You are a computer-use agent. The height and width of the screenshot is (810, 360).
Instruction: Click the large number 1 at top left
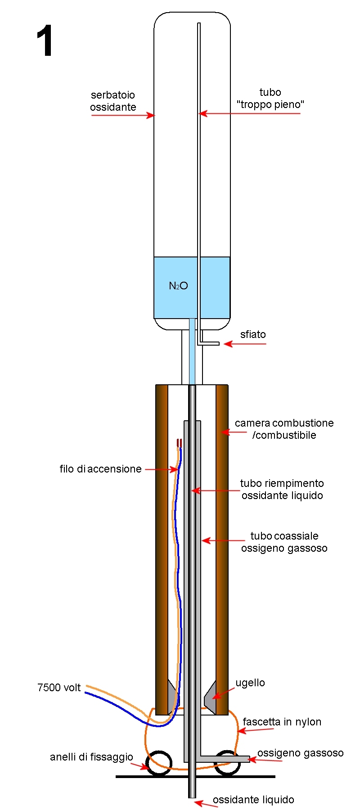[x=45, y=41]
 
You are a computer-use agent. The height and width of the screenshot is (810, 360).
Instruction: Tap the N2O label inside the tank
[x=178, y=286]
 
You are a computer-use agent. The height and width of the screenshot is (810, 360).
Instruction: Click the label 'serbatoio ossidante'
[x=113, y=101]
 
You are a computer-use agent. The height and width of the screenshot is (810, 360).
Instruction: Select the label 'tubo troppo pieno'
[x=270, y=99]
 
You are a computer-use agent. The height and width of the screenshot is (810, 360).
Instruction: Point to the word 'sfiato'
[x=253, y=334]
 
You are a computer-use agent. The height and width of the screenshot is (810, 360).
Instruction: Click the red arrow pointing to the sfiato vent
[x=245, y=344]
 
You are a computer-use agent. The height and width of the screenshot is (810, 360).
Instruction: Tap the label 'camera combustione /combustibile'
[x=284, y=429]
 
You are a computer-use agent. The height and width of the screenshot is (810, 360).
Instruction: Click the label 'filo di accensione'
[x=100, y=469]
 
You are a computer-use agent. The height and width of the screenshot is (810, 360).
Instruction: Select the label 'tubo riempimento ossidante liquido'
[x=282, y=489]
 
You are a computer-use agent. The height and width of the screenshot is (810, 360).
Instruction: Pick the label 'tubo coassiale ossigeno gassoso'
[x=284, y=542]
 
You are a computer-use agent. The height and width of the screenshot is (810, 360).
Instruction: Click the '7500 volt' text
[x=59, y=688]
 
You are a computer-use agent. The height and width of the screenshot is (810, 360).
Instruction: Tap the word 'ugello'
[x=250, y=683]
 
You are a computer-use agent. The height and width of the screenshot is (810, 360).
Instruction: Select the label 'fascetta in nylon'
[x=282, y=722]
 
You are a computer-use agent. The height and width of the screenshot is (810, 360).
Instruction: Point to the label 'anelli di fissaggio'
[x=91, y=757]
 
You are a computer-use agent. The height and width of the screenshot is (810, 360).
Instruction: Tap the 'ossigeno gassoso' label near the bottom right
[x=300, y=753]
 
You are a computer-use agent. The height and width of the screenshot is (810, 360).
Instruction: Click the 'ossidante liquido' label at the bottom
[x=253, y=800]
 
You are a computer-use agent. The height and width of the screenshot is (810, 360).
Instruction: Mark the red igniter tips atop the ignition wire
[x=179, y=443]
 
